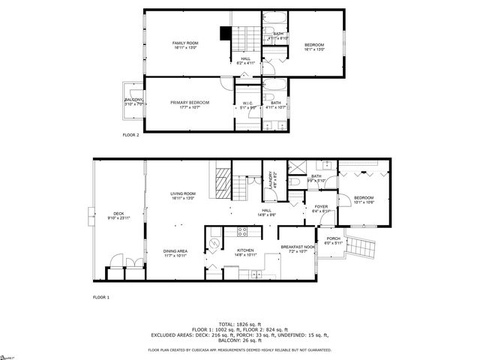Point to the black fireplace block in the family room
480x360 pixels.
223,34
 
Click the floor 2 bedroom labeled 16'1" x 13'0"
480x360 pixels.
314,47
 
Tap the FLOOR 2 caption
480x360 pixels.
130,135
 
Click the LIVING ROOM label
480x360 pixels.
184,196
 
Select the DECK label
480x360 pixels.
118,215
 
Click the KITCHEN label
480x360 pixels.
245,251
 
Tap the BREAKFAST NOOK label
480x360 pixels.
297,248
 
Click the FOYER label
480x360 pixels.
321,208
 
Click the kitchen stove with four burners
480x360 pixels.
243,232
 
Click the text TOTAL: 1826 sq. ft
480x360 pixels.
239,322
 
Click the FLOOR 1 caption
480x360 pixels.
101,298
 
